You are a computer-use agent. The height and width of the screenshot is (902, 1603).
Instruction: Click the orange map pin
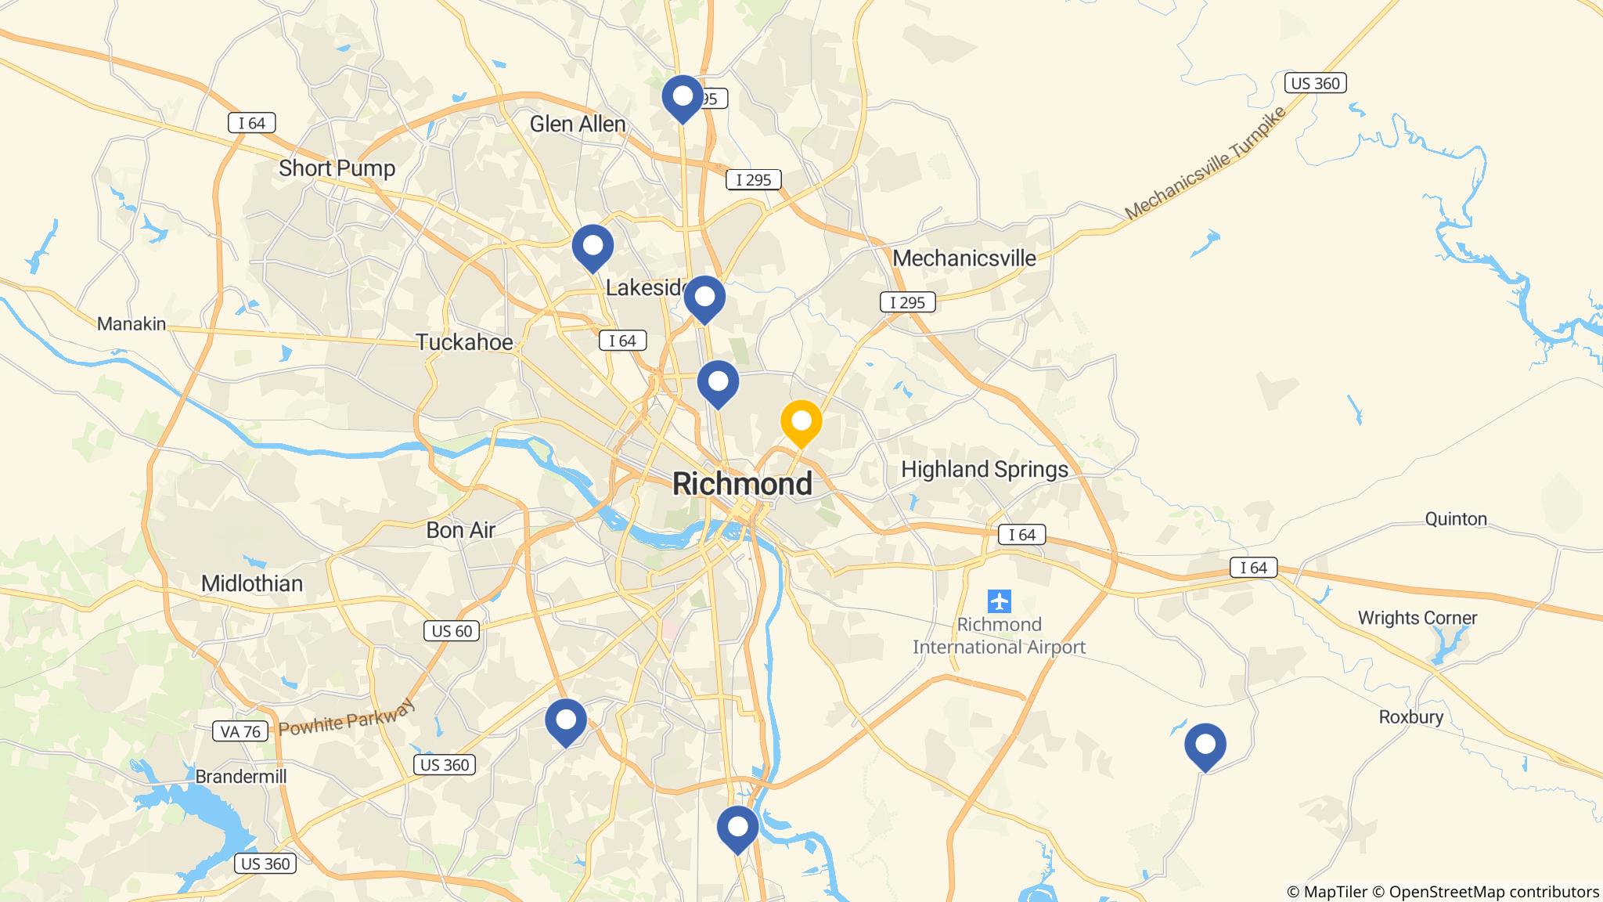801,421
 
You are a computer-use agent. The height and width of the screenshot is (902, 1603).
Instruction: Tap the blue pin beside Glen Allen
683,97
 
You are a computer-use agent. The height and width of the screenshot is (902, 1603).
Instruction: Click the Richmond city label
742,484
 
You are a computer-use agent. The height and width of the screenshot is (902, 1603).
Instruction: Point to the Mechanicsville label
964,258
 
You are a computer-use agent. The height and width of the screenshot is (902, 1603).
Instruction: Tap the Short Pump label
337,168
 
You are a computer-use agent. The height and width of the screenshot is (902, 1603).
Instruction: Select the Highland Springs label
984,469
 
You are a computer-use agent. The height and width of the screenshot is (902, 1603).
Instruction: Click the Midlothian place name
251,583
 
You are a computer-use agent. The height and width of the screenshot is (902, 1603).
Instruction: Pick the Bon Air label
460,530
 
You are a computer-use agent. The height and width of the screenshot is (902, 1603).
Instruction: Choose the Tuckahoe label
464,342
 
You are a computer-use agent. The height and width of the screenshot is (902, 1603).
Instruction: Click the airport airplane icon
1000,601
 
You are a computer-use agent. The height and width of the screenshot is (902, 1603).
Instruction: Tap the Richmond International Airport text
999,636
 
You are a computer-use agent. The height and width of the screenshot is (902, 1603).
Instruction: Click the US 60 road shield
452,630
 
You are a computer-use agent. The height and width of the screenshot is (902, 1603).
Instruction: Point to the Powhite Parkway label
345,718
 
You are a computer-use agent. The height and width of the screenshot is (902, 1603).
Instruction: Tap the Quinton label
1455,519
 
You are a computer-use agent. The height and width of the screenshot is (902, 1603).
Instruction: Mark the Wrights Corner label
1417,618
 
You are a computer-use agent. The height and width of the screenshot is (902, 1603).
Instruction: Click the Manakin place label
131,323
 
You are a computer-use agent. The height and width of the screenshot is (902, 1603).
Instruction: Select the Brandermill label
240,777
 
